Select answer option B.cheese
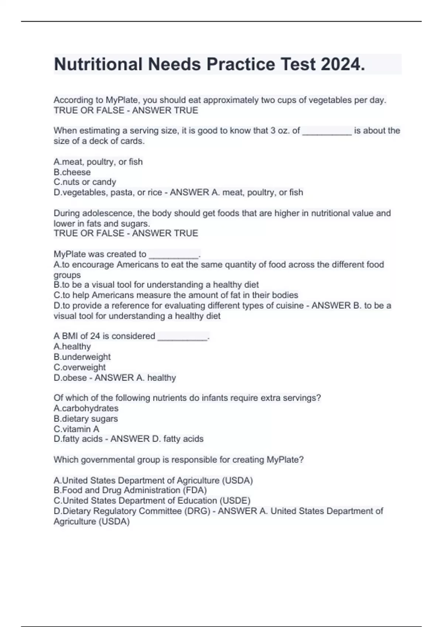coord(72,172)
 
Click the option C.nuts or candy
coord(85,182)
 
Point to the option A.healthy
coord(72,346)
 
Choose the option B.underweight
coord(82,357)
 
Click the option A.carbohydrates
coord(86,408)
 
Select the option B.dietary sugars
coord(86,418)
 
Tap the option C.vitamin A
coord(76,429)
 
